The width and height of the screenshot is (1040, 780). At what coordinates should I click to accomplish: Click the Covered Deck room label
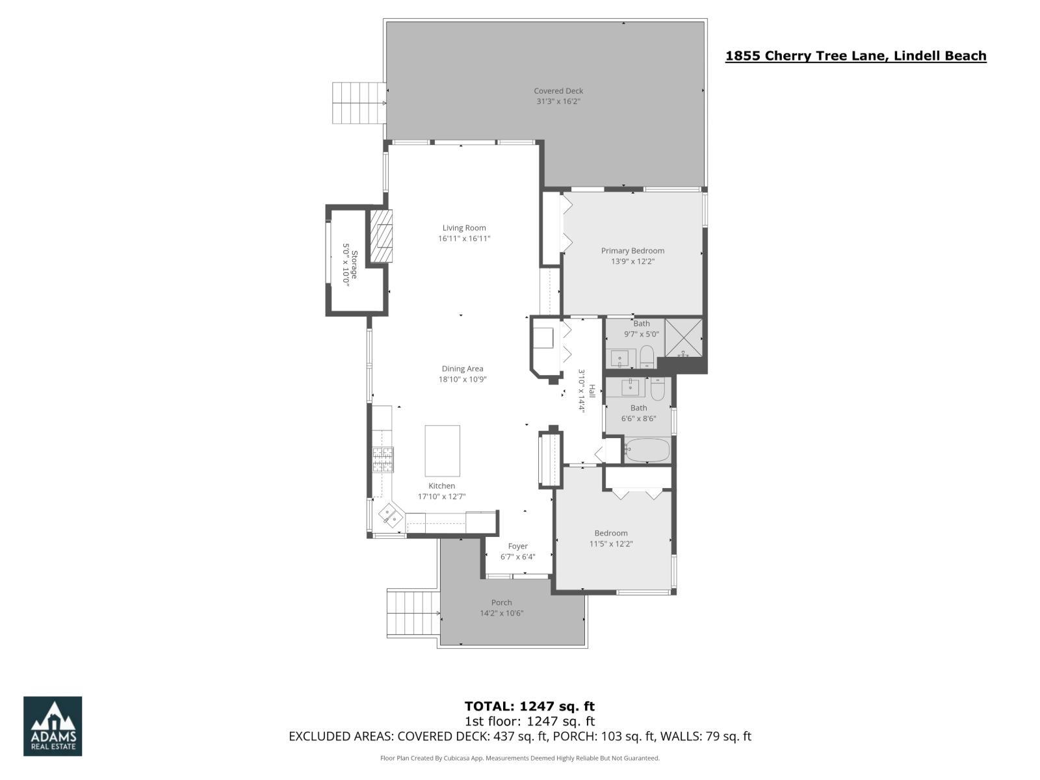558,91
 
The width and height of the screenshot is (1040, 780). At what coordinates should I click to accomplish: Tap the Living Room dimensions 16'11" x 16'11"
463,239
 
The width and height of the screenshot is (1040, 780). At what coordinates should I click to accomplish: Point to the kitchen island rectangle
442,450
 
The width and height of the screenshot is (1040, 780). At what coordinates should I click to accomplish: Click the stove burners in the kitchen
382,460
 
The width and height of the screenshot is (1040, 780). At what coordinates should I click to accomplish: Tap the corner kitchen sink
391,516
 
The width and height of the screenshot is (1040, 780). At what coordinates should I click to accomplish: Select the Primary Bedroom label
632,250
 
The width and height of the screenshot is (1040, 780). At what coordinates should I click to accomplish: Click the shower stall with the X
683,337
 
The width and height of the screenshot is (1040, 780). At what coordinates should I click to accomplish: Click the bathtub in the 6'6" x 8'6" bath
646,450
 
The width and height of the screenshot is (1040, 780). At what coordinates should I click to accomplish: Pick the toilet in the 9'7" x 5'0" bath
647,357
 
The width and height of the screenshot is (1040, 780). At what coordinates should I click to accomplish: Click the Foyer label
517,546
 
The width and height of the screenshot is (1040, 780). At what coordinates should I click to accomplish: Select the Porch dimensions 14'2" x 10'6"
501,613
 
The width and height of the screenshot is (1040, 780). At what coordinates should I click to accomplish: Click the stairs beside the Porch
413,614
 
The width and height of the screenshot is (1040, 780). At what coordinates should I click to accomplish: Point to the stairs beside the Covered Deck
358,103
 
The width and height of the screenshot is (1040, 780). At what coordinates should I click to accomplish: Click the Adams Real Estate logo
53,726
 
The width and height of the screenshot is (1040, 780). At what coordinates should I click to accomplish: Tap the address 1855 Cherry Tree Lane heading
855,56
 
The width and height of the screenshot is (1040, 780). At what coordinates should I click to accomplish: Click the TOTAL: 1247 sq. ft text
529,706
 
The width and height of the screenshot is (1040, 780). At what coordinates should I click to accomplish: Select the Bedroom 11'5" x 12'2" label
610,533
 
